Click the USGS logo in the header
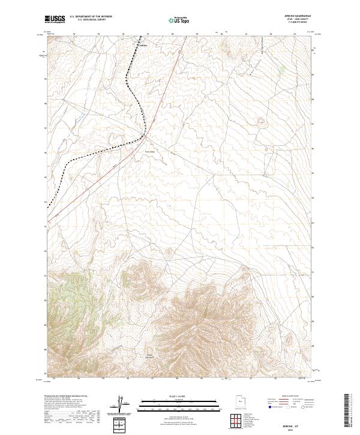55,20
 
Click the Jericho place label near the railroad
143,45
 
